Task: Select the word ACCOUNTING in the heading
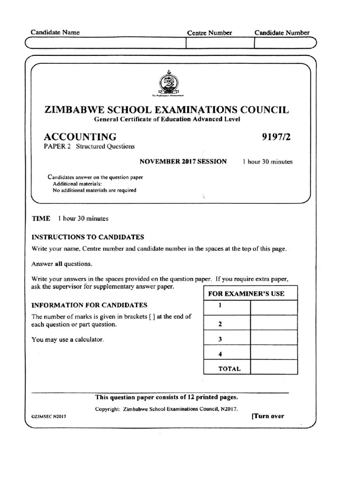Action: click(80, 137)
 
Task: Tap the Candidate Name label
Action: click(55, 32)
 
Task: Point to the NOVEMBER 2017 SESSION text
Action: click(183, 162)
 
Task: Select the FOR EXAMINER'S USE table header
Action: click(250, 294)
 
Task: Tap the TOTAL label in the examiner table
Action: click(229, 368)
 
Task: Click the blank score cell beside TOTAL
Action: click(274, 368)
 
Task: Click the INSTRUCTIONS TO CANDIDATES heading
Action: click(88, 237)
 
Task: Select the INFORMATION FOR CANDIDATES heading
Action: click(90, 305)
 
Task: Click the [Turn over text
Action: click(268, 416)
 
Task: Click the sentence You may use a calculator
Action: click(67, 340)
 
